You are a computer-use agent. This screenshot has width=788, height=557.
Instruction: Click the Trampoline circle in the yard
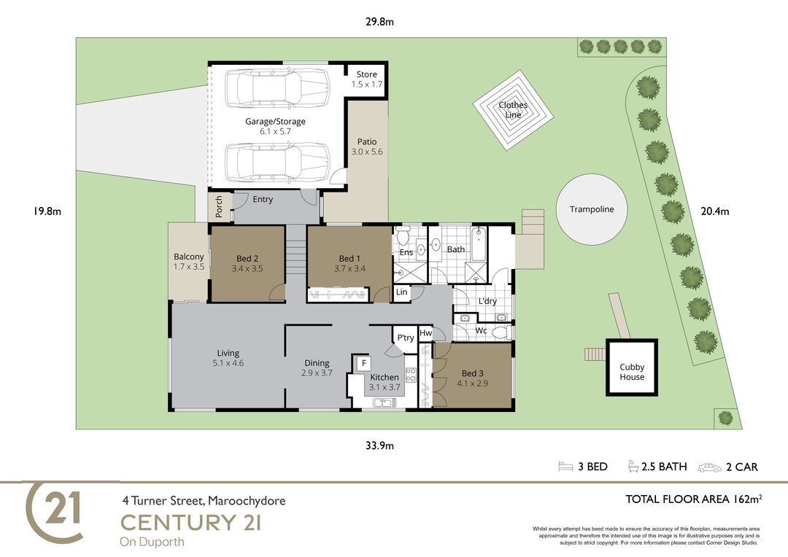click(x=592, y=209)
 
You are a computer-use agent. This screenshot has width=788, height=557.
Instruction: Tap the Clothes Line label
click(x=513, y=110)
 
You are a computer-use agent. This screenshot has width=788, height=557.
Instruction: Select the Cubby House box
click(x=632, y=367)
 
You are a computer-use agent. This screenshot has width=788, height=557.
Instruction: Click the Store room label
click(x=367, y=74)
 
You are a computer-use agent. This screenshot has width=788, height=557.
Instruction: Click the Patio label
click(x=367, y=141)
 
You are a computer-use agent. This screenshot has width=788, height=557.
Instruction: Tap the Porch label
click(x=219, y=206)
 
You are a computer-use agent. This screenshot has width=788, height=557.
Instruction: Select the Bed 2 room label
click(x=247, y=259)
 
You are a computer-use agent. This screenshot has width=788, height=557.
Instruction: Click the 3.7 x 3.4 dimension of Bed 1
click(x=349, y=269)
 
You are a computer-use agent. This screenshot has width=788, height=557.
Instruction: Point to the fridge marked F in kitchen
click(x=363, y=363)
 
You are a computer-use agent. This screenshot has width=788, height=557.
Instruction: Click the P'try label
click(x=406, y=338)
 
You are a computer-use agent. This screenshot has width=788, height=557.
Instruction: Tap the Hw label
click(x=425, y=333)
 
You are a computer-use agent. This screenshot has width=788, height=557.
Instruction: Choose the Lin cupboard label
click(x=401, y=292)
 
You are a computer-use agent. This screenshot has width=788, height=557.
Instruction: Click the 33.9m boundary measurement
click(x=379, y=445)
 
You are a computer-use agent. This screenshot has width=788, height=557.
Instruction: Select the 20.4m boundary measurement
click(x=714, y=211)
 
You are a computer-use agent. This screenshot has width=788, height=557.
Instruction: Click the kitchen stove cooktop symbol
click(x=411, y=375)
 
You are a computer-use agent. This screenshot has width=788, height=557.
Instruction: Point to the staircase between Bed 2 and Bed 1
click(x=296, y=249)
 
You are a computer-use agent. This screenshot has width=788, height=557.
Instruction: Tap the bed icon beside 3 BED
click(x=565, y=467)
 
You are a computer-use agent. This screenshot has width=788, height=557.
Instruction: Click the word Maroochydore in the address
click(x=247, y=501)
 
